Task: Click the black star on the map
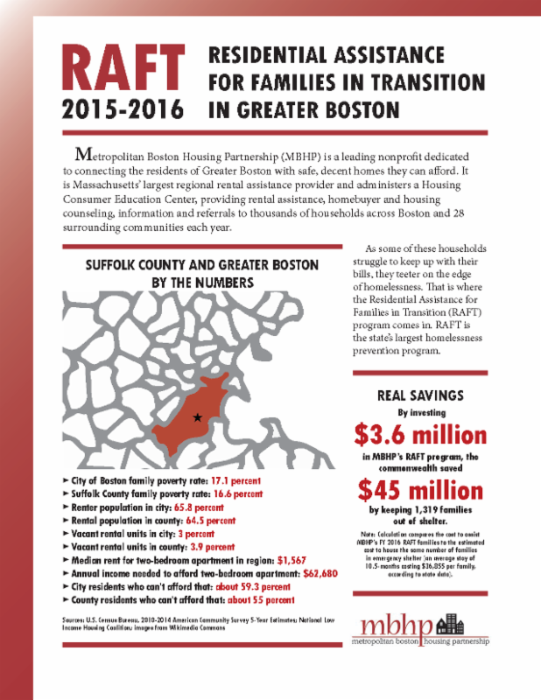[x=198, y=418]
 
